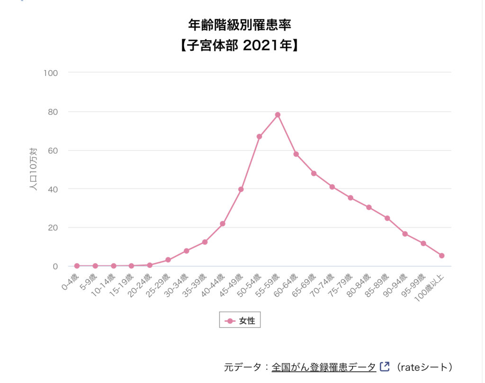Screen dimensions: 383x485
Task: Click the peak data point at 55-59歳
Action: [x=278, y=115]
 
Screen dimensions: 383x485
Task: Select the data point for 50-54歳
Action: [x=259, y=137]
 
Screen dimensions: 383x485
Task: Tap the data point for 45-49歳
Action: [x=241, y=189]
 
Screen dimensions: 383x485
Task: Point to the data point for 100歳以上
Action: [x=441, y=255]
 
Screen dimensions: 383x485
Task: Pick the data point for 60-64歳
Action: [x=296, y=154]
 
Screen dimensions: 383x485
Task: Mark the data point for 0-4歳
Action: [x=77, y=266]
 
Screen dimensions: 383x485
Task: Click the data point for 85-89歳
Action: [x=387, y=218]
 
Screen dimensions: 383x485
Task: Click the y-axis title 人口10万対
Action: [x=34, y=170]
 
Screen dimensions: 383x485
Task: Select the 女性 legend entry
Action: [x=240, y=321]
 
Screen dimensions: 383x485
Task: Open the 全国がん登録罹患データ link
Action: [x=323, y=367]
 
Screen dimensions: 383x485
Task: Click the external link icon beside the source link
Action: [x=385, y=366]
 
